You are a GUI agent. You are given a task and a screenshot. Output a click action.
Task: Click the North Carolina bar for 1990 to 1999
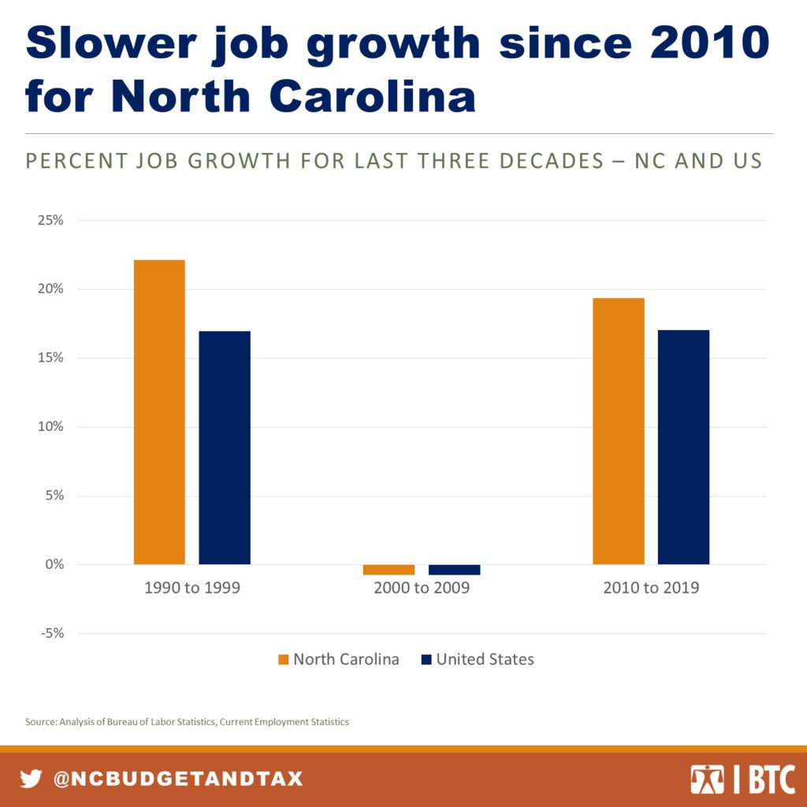point(159,411)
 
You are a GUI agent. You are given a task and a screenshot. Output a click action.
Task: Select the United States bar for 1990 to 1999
point(225,447)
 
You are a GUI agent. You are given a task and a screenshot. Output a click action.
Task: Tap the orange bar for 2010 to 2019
point(619,430)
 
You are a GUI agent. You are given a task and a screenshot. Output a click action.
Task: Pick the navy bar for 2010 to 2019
point(683,447)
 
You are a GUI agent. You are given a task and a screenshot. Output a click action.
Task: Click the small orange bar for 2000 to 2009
point(389,570)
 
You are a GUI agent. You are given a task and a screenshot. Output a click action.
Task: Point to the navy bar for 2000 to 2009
point(454,570)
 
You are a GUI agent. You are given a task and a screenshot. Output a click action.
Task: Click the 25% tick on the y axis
point(50,220)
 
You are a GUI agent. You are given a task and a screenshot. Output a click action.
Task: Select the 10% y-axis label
point(50,427)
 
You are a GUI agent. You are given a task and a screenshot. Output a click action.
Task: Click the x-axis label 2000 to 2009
point(422,588)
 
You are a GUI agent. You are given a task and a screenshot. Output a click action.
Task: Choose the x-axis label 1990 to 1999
point(192,588)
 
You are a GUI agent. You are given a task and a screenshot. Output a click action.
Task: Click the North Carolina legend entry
point(338,660)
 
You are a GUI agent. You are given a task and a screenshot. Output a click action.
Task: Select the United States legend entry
point(478,660)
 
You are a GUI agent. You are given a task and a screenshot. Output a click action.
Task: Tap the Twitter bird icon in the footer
point(31,779)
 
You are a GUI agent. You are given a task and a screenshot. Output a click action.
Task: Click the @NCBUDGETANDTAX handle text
point(177,779)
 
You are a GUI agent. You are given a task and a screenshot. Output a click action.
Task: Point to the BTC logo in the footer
point(742,779)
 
